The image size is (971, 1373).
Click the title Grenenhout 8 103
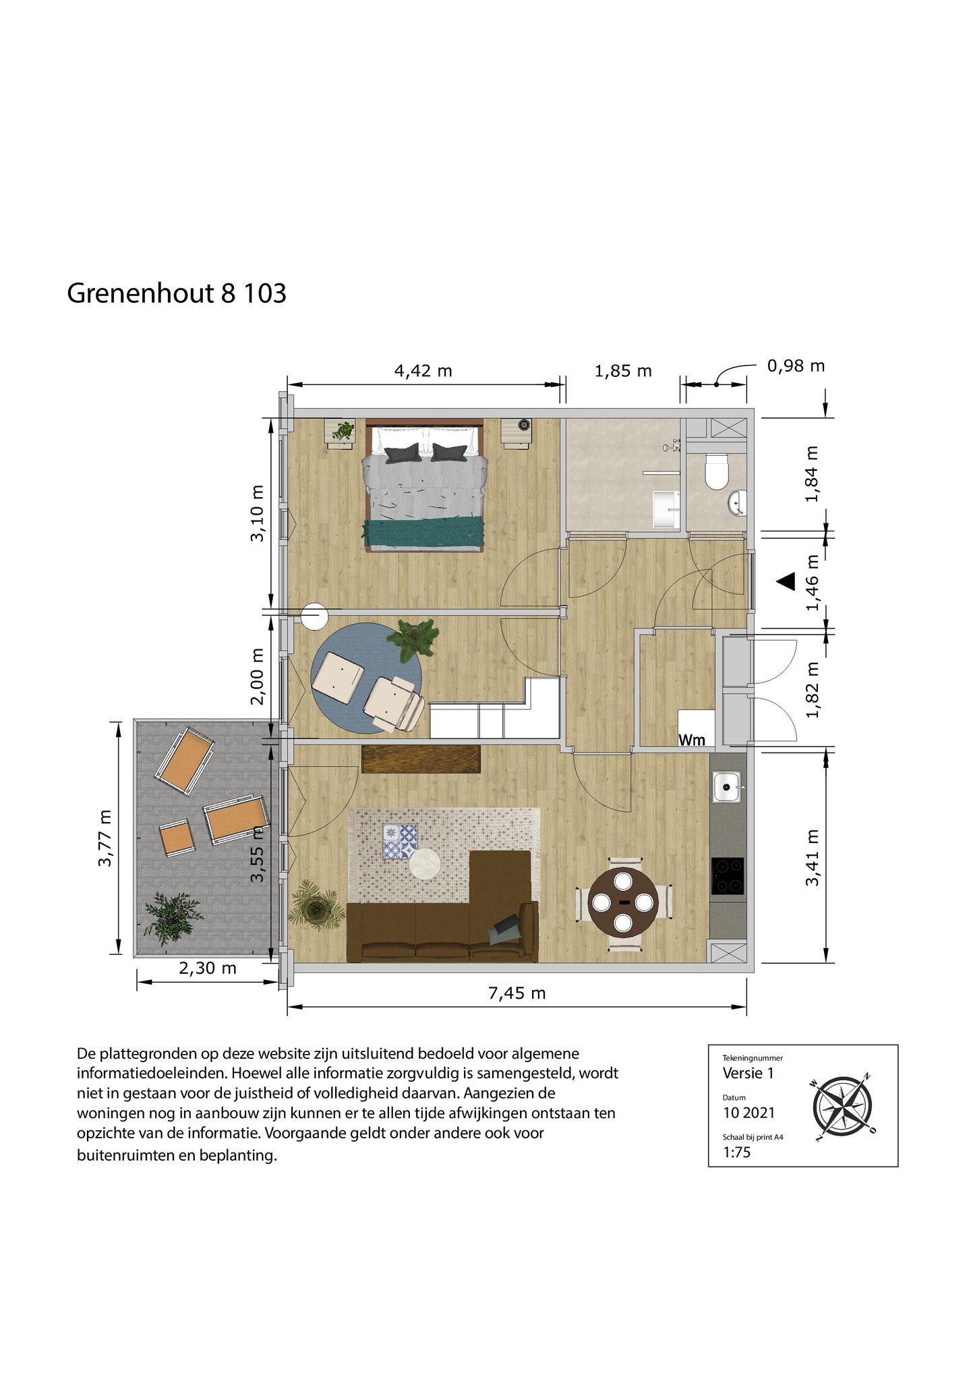point(177,293)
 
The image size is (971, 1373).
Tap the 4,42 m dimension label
point(423,371)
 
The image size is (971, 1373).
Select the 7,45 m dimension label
point(517,993)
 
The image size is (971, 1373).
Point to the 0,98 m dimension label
point(796,366)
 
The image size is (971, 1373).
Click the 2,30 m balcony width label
point(207,968)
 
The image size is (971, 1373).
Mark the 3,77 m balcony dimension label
point(105,839)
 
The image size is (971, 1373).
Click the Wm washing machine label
point(691,740)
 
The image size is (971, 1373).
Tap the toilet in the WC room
point(716,471)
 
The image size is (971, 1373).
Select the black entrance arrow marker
point(786,581)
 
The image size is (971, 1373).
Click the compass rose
point(842,1107)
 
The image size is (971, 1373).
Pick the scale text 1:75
point(736,1152)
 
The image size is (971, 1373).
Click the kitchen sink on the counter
point(726,786)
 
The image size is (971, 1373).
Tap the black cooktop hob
point(727,876)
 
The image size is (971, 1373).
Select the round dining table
point(623,902)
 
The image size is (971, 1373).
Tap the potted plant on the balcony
point(172,917)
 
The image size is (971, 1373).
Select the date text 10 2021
point(748,1113)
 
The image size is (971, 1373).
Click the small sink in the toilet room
point(736,502)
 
